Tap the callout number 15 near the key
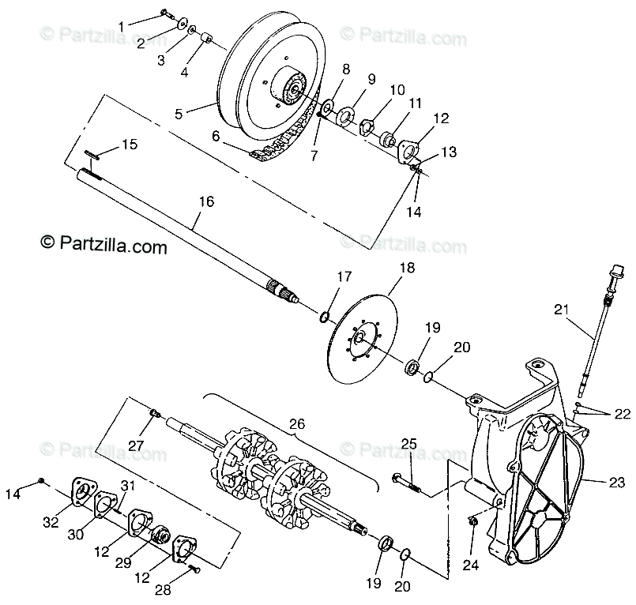tap(130, 145)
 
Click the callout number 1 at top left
tap(121, 26)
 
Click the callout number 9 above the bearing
tap(371, 80)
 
